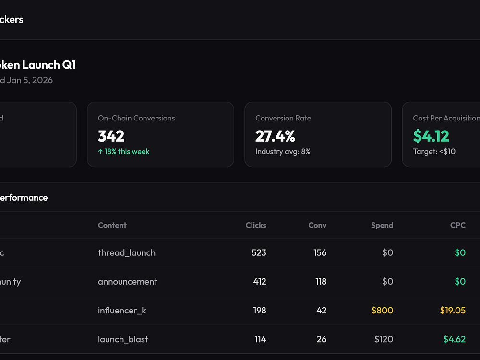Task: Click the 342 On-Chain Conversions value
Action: click(x=111, y=136)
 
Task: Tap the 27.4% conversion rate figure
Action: click(x=275, y=136)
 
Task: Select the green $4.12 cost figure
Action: click(x=431, y=136)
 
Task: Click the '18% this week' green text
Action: click(x=124, y=152)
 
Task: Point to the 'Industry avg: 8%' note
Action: click(x=283, y=152)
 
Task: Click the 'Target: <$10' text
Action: click(x=434, y=152)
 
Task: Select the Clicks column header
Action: click(x=256, y=225)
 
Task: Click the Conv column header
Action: click(x=317, y=225)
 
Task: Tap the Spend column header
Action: click(x=382, y=225)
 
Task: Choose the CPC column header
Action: click(x=458, y=225)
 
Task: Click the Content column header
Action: click(x=112, y=225)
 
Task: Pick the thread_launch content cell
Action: click(x=127, y=253)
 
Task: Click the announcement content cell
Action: click(x=128, y=282)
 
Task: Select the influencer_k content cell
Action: click(x=122, y=311)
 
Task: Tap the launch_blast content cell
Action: click(x=123, y=339)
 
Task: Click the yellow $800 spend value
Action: click(x=382, y=311)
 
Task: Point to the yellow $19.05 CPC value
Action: click(x=453, y=311)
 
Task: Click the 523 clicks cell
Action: click(x=259, y=253)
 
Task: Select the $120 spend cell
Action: click(x=384, y=339)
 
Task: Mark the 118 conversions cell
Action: click(x=321, y=282)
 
